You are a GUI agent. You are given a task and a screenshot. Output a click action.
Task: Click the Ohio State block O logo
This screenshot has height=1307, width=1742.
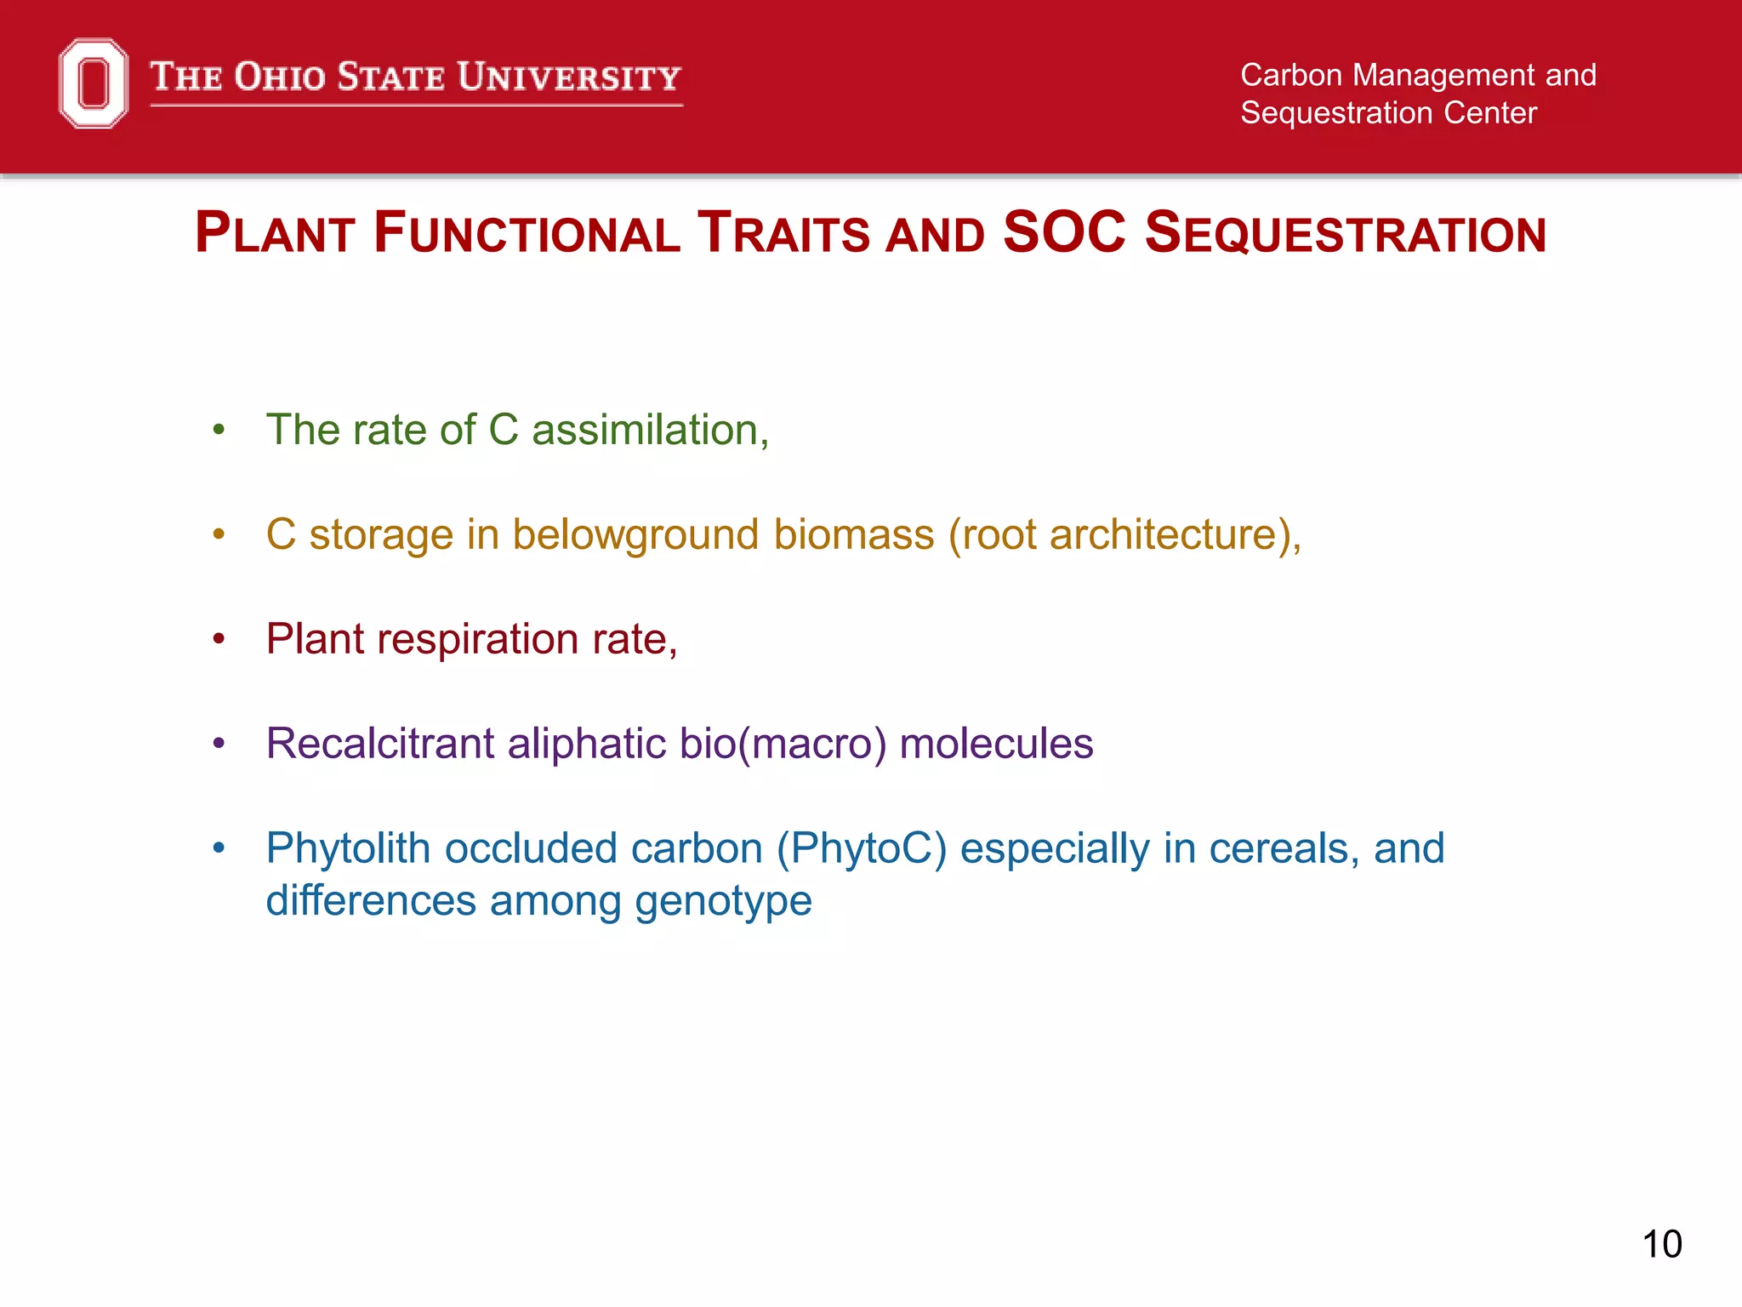pos(94,83)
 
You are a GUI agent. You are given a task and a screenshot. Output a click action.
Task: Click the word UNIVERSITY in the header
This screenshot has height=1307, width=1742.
pos(569,77)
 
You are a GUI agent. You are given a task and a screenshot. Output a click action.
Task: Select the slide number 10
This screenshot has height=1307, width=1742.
pos(1661,1245)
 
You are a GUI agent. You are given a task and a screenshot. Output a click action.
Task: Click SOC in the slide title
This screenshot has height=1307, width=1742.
pos(1064,232)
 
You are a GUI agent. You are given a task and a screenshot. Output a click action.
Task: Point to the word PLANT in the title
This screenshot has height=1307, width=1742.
pos(275,233)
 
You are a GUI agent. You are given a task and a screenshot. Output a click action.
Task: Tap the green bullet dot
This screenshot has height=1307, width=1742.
pos(219,431)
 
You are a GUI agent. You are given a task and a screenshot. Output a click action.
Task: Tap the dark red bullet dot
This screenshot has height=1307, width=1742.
pos(219,639)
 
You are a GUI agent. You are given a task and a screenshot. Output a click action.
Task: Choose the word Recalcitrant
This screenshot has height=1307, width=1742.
pos(379,744)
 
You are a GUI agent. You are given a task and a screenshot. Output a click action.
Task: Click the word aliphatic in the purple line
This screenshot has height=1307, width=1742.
pos(587,744)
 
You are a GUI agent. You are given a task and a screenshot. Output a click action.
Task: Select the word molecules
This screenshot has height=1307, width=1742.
pos(996,744)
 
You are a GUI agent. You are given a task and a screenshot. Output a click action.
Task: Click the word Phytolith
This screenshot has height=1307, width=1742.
pos(348,849)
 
